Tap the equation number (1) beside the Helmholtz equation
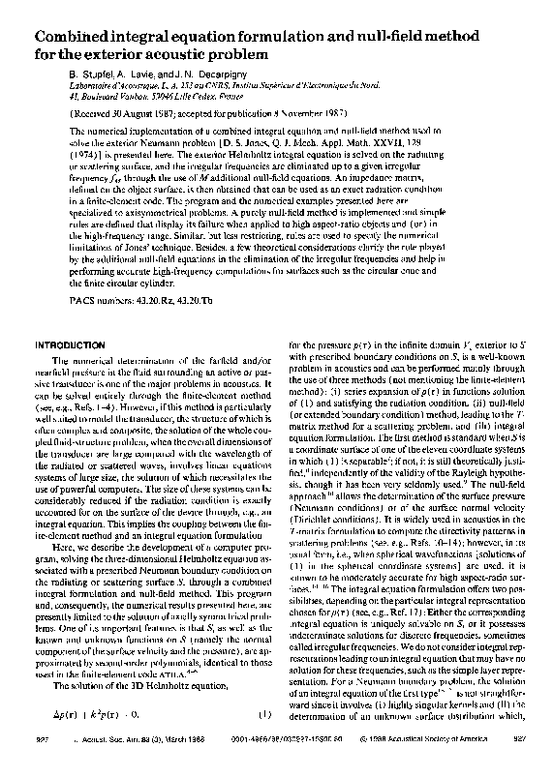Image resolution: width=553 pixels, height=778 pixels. coord(261,740)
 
